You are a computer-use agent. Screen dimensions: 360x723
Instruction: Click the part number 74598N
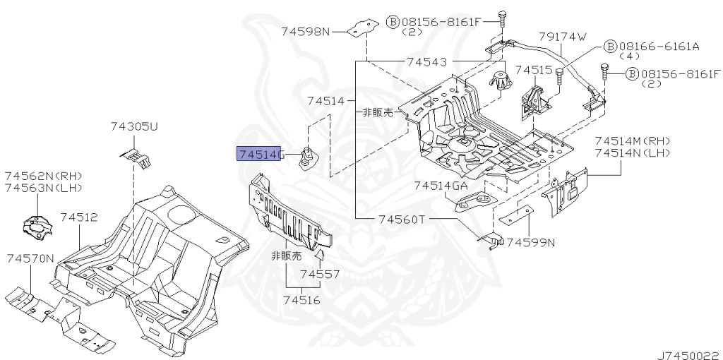(305, 31)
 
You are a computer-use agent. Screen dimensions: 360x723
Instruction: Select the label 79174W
(563, 37)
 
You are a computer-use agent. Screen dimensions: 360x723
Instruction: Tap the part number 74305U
(134, 126)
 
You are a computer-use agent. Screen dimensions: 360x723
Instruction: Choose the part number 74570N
(30, 258)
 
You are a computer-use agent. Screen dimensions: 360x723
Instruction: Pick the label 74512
(78, 218)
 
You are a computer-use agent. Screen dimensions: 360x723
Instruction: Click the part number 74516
(301, 300)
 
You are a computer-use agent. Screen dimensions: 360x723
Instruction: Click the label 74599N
(531, 243)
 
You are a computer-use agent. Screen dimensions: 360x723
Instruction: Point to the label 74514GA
(441, 185)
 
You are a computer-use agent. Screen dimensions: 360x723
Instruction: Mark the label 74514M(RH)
(632, 140)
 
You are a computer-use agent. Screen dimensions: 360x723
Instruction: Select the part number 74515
(533, 70)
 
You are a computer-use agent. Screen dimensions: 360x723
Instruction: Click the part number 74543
(426, 62)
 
